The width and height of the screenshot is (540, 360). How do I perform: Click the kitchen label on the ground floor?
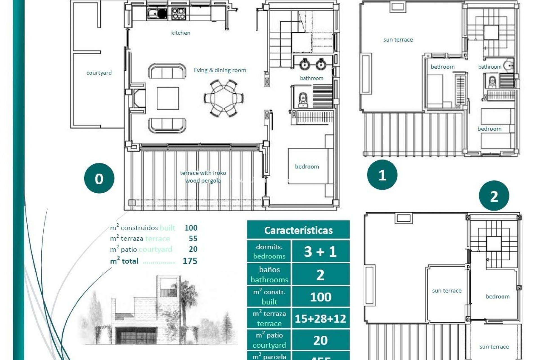tap(181, 33)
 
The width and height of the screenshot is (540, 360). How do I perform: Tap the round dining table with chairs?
tap(224, 98)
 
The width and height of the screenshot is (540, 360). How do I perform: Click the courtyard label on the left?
tap(99, 73)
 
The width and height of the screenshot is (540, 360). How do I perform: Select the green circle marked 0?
tap(99, 178)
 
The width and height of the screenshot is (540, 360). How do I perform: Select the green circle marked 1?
tap(382, 175)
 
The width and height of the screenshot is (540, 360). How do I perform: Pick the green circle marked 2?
tap(494, 196)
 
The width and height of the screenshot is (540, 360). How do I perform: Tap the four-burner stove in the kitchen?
tap(178, 13)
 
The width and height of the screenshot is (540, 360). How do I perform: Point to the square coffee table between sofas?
tap(168, 98)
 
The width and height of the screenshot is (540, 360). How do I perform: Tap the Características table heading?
tap(298, 230)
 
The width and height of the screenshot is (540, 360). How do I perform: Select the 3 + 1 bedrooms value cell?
tap(320, 251)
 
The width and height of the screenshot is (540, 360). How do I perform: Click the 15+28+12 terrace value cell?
tap(320, 319)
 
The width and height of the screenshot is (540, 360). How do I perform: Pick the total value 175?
tap(190, 261)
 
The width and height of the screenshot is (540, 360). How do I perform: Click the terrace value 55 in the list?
tap(193, 238)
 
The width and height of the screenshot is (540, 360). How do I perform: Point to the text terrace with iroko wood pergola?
tap(203, 177)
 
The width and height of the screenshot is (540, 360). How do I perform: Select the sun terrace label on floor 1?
tap(398, 40)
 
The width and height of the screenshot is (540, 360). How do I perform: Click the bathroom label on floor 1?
tap(490, 67)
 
